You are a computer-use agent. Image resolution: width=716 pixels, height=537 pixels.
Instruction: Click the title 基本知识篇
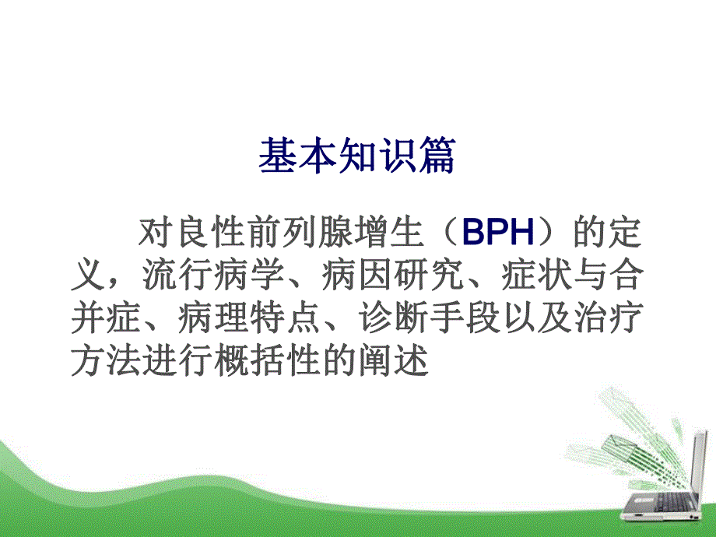[357, 156]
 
